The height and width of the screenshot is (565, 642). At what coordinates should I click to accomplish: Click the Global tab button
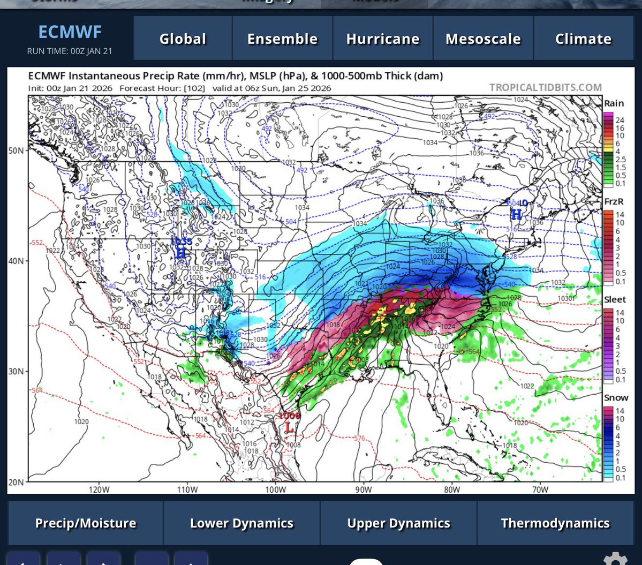[x=183, y=39]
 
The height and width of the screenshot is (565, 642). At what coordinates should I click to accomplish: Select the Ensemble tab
[x=282, y=39]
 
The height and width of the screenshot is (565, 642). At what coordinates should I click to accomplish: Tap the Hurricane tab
[x=383, y=39]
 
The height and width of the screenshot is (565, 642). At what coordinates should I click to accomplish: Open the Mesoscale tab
[x=483, y=39]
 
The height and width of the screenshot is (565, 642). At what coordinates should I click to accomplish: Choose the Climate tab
[x=583, y=39]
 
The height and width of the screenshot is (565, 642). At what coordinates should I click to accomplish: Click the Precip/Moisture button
[x=86, y=523]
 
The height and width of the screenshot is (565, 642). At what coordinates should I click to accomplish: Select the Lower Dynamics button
[x=241, y=523]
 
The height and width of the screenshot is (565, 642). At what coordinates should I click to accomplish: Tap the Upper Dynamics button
[x=398, y=523]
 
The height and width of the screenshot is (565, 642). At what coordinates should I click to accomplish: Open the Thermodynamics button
[x=555, y=523]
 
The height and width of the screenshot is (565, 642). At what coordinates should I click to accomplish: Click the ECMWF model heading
[x=70, y=32]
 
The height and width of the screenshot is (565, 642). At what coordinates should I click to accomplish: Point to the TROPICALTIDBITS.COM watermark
[x=545, y=87]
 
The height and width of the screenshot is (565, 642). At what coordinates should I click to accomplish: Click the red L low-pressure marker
[x=289, y=427]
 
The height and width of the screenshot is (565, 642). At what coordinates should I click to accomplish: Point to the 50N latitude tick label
[x=17, y=150]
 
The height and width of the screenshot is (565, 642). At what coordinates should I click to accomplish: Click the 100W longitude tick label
[x=274, y=489]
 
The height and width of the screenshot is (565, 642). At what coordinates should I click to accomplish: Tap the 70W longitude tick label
[x=540, y=489]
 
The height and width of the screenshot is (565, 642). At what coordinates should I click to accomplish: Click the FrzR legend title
[x=614, y=201]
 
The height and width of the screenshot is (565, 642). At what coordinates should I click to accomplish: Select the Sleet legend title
[x=615, y=299]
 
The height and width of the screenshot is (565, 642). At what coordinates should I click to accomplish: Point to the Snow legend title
[x=616, y=397]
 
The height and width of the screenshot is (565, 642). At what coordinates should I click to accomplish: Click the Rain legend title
[x=614, y=103]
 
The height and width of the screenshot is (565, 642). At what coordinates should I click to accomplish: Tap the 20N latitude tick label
[x=17, y=482]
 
